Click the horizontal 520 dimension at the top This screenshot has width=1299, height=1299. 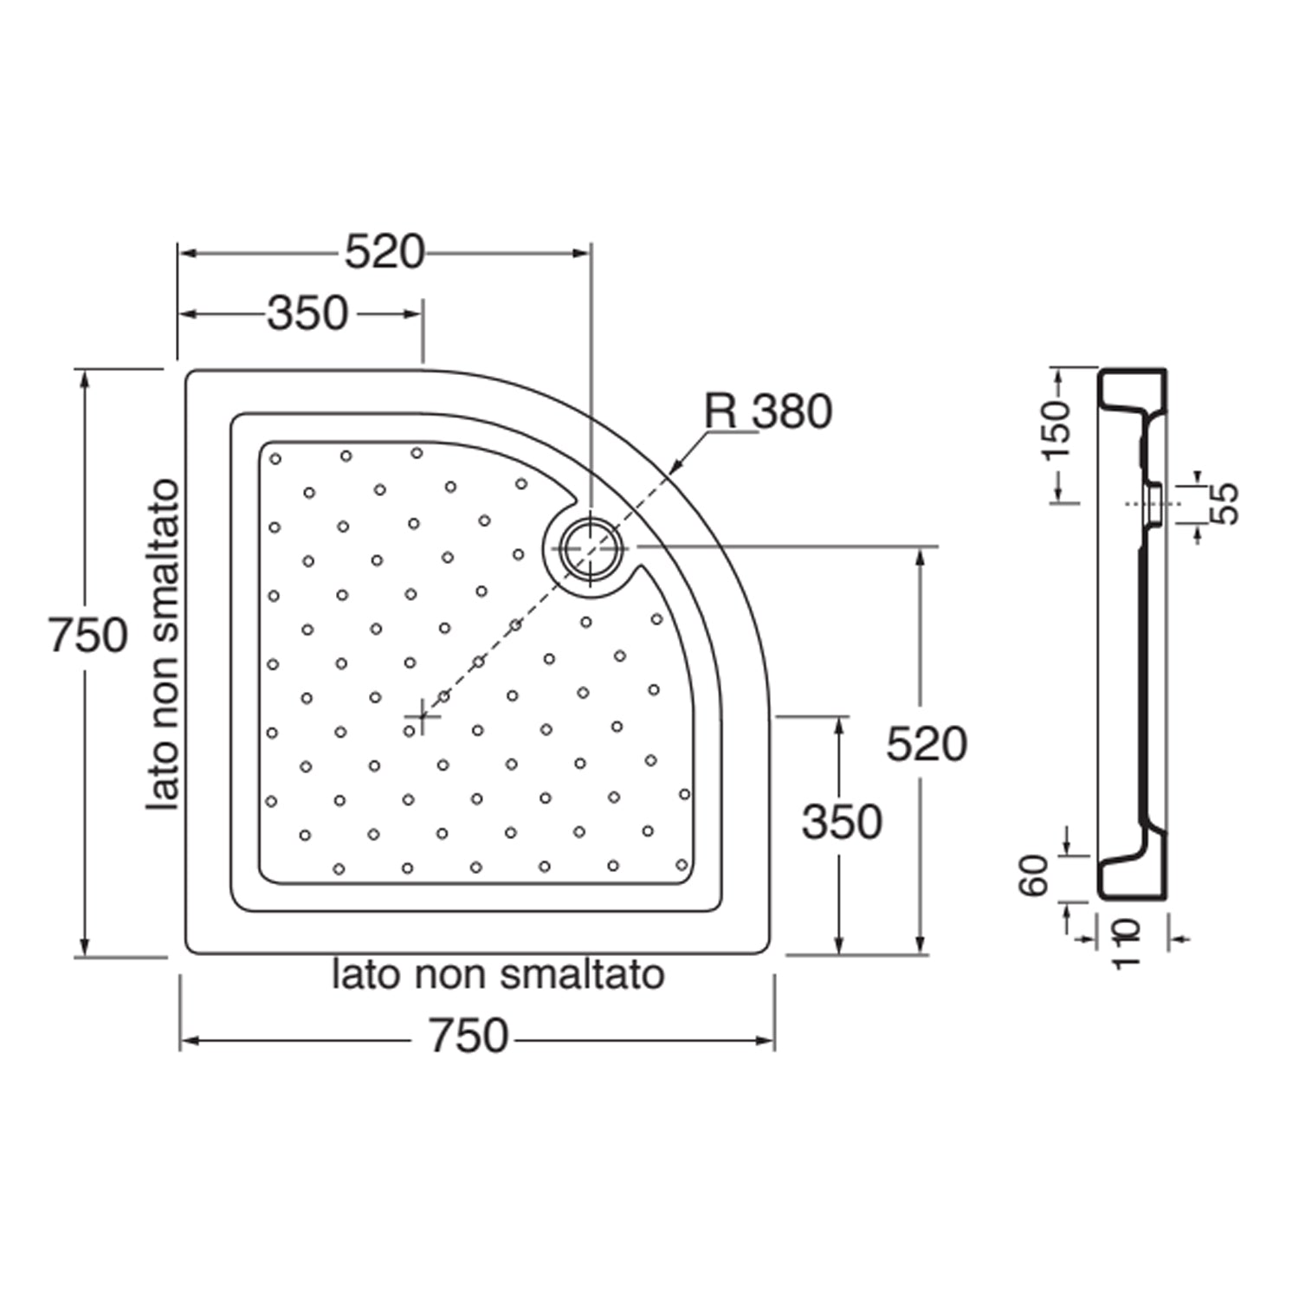[385, 253]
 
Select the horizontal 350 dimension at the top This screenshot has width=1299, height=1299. [307, 313]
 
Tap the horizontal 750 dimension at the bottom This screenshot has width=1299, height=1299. [469, 1037]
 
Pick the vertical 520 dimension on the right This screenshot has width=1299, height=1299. [927, 745]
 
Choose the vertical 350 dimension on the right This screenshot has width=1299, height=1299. [842, 822]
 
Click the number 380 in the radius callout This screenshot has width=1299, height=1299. [792, 412]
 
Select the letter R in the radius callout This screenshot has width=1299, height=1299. [721, 412]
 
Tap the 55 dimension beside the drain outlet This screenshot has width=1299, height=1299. [1224, 503]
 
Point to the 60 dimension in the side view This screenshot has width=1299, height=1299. [1034, 876]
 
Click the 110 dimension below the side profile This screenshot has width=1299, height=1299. [1126, 944]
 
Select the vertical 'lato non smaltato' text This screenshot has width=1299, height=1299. [164, 645]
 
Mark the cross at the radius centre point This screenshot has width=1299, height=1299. [422, 716]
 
